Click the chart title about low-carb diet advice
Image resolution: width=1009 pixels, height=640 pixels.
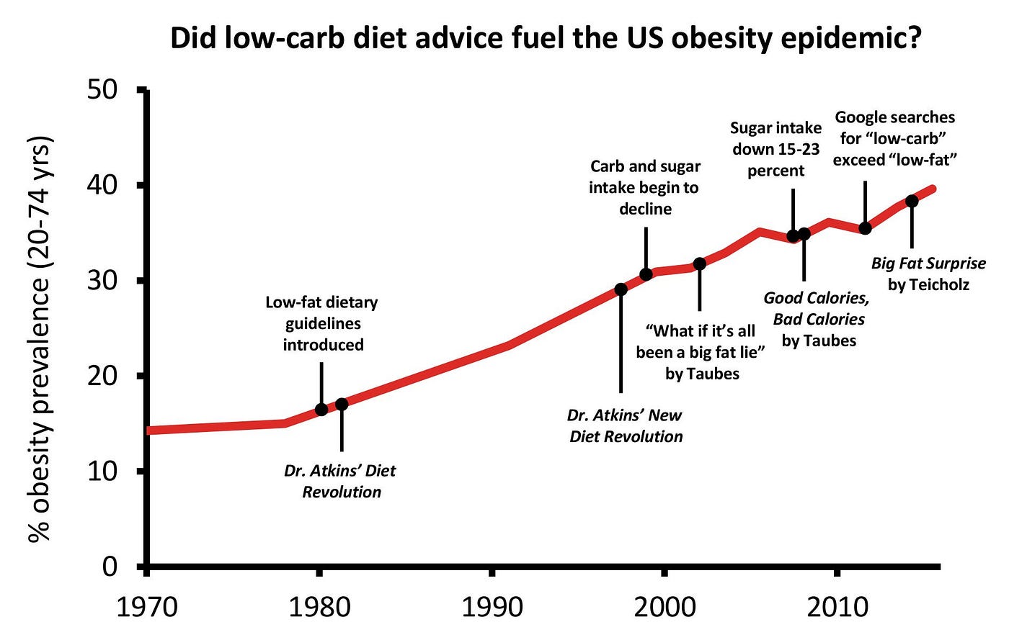[x=546, y=38]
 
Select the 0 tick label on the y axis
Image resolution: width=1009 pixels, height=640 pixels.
[x=110, y=567]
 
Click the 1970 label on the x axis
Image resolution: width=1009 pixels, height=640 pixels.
[x=146, y=607]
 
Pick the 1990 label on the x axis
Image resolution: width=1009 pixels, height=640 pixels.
[x=492, y=607]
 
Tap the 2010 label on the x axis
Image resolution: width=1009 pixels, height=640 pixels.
[x=837, y=607]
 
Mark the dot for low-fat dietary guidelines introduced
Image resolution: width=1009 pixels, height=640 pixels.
[x=321, y=410]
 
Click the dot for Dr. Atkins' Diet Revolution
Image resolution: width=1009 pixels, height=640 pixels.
[x=342, y=405]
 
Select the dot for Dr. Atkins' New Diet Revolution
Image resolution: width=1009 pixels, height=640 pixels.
[x=621, y=289]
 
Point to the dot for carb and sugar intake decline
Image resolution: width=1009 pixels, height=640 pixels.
[x=646, y=274]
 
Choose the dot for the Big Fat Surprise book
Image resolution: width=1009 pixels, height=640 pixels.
[x=912, y=201]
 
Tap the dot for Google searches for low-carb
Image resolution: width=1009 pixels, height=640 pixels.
[x=865, y=228]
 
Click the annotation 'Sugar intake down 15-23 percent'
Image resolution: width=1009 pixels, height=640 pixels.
[x=775, y=149]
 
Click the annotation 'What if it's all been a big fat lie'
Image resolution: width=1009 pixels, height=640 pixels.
[x=701, y=351]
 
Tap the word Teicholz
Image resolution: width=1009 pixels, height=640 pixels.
[x=928, y=284]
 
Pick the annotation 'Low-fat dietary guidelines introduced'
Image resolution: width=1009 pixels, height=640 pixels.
[x=322, y=323]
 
